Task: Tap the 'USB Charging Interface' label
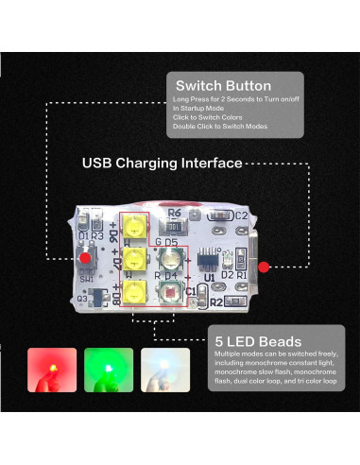tap(161, 163)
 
